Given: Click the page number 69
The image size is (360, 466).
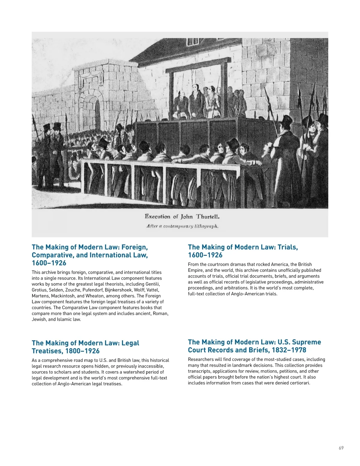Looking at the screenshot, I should pyautogui.click(x=341, y=448).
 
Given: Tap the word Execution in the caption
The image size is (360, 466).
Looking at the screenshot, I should pyautogui.click(x=157, y=216).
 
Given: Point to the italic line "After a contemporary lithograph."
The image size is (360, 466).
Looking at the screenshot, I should pyautogui.click(x=182, y=226).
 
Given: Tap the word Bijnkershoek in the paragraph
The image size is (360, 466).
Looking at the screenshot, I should pyautogui.click(x=118, y=290).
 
